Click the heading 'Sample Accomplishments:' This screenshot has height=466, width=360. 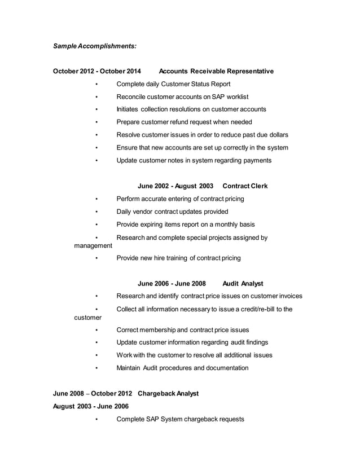(94, 45)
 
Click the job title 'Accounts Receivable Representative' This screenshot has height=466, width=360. (216, 71)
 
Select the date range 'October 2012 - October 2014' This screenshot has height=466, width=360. (97, 71)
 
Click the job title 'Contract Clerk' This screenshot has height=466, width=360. (245, 186)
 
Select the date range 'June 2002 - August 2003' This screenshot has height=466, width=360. (175, 186)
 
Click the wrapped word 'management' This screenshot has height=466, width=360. (93, 246)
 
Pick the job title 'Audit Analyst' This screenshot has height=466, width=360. (243, 283)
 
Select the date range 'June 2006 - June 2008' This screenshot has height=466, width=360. (172, 283)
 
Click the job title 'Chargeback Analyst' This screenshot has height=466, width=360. (168, 394)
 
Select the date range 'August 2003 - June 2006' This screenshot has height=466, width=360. (90, 406)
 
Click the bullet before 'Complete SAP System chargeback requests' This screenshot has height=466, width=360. (97, 420)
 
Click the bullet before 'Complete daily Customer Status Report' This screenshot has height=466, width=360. (97, 85)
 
